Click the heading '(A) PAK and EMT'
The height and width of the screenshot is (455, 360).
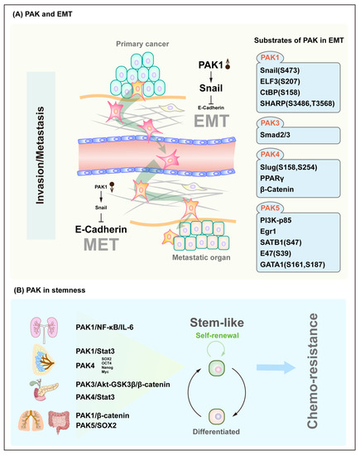[x=39, y=12]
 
